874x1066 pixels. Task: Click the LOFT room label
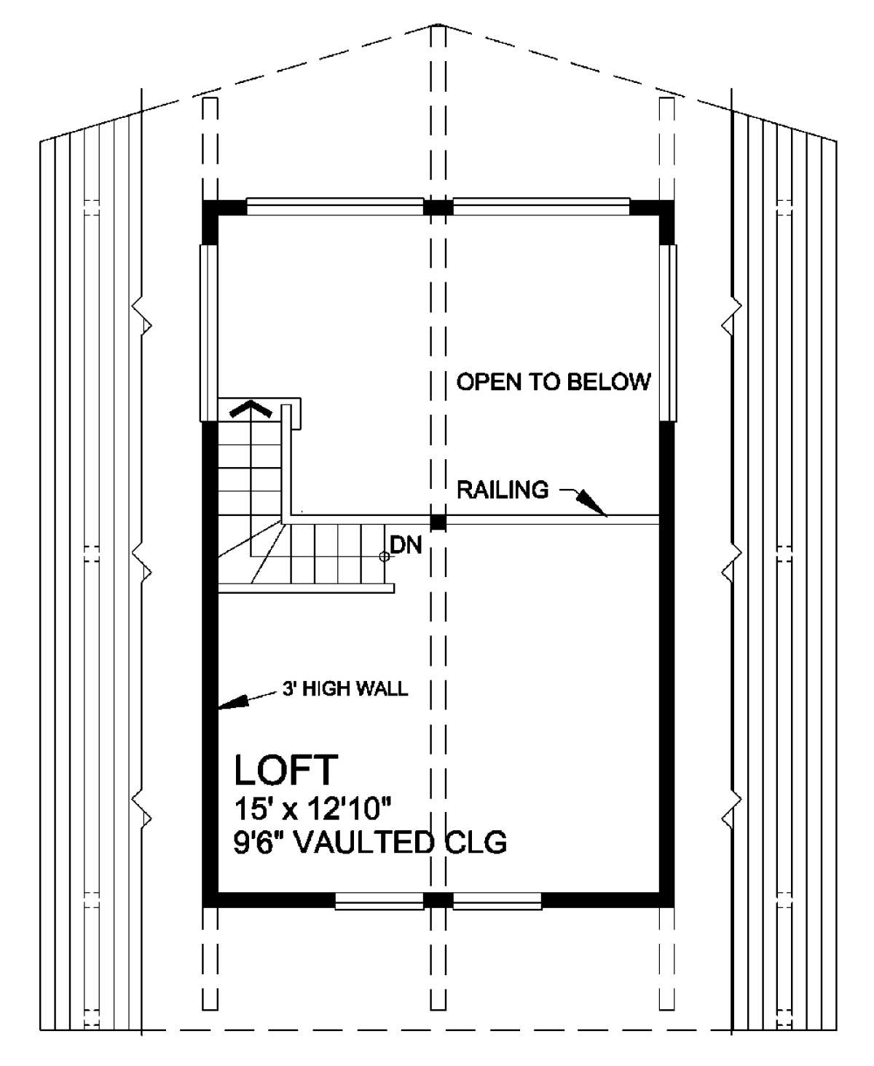coord(286,770)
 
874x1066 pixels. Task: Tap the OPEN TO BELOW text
coord(554,381)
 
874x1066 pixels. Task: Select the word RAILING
coord(503,490)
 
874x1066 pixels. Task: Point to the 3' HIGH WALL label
coord(345,688)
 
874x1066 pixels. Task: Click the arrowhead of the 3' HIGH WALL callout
coord(233,703)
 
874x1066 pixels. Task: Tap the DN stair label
coord(406,545)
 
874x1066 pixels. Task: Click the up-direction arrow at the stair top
coord(251,409)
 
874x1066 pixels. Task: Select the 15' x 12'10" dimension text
coord(314,809)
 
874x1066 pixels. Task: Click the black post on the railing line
coord(438,522)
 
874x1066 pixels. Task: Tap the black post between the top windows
coord(438,207)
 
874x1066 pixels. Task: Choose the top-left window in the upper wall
coord(334,206)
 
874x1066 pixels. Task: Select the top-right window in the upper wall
coord(541,206)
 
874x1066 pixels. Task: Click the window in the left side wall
coord(208,333)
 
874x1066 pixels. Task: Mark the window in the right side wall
coord(668,333)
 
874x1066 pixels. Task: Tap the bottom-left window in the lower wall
coord(379,901)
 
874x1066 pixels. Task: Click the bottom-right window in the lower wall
coord(497,901)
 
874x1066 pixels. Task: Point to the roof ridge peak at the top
coord(438,24)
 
